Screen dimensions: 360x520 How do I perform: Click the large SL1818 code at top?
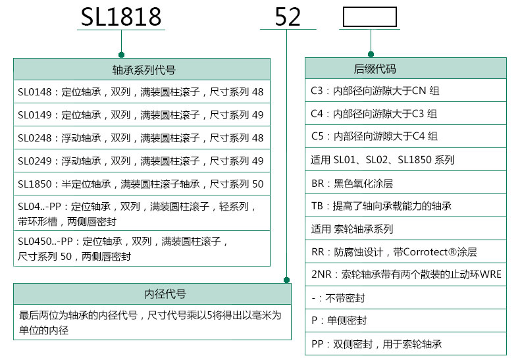(122, 17)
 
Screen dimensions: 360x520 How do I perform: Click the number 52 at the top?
(288, 17)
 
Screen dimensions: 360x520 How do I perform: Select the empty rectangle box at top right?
(369, 17)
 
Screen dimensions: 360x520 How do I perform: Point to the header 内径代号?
(151, 294)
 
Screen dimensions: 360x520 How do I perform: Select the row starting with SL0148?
(141, 92)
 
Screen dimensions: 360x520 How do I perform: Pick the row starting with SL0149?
(141, 115)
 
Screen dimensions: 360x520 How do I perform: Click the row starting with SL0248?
(141, 138)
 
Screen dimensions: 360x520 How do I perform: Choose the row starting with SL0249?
(141, 161)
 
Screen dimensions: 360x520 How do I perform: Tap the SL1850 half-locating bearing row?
(141, 184)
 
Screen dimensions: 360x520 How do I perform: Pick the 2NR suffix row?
(405, 275)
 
